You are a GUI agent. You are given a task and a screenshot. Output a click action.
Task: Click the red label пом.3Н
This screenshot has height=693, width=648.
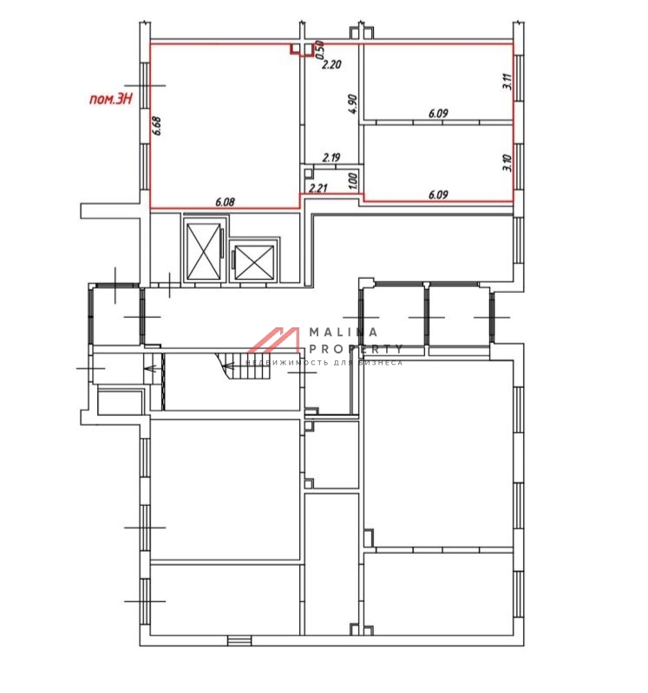tap(111, 99)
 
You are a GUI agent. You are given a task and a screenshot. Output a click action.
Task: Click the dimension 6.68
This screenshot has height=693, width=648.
tap(156, 126)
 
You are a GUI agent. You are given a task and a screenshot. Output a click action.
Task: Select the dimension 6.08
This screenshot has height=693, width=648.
tap(225, 203)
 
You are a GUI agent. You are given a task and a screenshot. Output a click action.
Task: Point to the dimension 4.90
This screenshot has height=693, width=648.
tap(353, 104)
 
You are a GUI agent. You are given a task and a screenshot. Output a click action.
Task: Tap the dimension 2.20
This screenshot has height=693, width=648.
tap(331, 64)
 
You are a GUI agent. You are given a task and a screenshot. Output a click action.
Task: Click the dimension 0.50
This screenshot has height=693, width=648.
tap(319, 49)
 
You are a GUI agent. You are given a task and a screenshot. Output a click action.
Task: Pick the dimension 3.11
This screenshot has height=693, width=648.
tap(507, 81)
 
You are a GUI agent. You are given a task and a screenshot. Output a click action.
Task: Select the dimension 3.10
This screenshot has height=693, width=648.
tap(507, 163)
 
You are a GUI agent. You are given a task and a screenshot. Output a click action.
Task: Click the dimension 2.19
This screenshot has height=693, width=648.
tap(331, 158)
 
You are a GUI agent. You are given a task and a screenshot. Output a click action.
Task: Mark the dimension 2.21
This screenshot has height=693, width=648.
tap(317, 188)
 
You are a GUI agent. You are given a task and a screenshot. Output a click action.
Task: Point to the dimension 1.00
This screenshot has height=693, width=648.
tap(353, 181)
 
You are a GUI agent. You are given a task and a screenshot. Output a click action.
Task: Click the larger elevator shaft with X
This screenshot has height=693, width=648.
tap(204, 251)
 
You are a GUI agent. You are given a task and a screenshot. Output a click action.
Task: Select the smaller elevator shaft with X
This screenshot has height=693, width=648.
tap(253, 262)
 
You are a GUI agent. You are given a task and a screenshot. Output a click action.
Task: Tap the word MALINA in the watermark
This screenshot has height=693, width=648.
tap(344, 332)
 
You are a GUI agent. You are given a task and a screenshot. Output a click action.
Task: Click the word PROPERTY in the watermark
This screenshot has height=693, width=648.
tap(356, 349)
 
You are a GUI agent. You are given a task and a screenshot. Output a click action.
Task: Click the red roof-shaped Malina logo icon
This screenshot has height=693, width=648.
tap(274, 340)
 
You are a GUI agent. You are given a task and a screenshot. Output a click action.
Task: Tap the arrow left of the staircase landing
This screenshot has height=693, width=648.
tap(152, 367)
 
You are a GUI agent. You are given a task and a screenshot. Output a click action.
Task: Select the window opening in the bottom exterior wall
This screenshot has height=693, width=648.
tap(239, 640)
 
